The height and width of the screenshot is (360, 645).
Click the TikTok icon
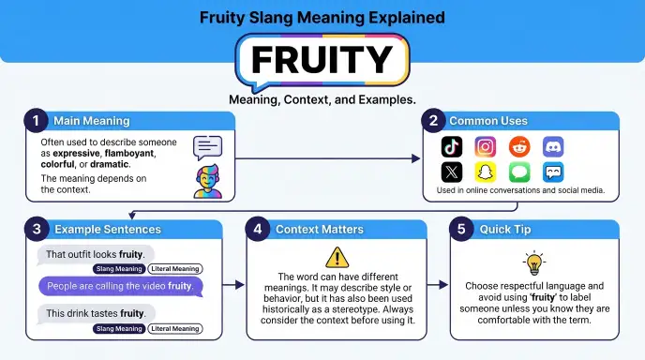[452, 146]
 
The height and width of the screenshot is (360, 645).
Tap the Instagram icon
[486, 146]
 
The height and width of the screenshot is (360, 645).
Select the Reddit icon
[519, 146]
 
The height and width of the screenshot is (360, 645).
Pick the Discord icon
[553, 146]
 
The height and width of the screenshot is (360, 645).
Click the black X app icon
[452, 172]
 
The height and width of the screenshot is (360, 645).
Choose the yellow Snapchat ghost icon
[486, 172]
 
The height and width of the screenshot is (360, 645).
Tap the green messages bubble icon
[519, 172]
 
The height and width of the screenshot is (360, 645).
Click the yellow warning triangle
[337, 258]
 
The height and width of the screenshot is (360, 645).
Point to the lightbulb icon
[534, 262]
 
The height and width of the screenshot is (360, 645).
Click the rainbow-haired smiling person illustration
[208, 182]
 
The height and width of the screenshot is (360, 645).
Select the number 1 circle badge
[37, 121]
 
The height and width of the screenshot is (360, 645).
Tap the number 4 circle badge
[258, 229]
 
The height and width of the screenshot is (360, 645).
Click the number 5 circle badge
[461, 229]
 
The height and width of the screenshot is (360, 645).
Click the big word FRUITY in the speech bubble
[322, 60]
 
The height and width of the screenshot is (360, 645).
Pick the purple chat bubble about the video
[121, 286]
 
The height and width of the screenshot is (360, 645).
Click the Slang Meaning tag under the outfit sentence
[119, 269]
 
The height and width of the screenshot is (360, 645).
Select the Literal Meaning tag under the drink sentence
[175, 329]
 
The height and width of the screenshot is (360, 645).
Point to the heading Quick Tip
[505, 229]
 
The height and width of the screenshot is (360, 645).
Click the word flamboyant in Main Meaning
[129, 153]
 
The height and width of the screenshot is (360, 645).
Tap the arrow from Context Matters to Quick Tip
[438, 285]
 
